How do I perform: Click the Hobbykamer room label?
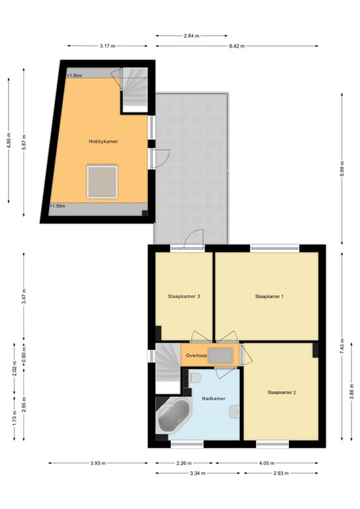103,142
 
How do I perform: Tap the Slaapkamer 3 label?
184,296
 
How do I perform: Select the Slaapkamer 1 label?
269,296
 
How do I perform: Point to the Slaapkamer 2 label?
282,392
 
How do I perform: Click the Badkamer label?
213,398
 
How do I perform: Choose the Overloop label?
196,355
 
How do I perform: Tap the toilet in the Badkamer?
195,378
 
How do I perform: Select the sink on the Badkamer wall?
235,412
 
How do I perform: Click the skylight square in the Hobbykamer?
102,182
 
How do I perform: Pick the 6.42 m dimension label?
237,46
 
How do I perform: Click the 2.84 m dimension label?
192,36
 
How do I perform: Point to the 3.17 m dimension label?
107,46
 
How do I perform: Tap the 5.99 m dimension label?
342,169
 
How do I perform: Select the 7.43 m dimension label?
342,347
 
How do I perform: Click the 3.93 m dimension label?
98,463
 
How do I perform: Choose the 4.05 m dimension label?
267,463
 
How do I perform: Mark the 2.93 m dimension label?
281,473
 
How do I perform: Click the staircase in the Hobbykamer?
135,87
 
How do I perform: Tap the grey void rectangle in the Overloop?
221,356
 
